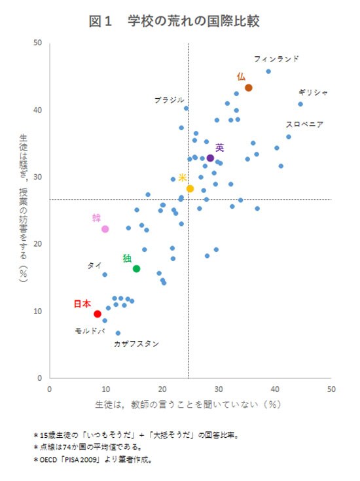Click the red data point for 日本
pos(98,314)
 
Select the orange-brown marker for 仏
pos(249,88)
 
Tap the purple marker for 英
pos(210,158)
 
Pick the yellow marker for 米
pos(190,188)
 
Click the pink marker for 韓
pos(105,229)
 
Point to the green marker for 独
pos(136,269)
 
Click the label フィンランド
pos(276,59)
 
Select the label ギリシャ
pos(313,92)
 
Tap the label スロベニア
pos(304,124)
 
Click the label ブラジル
pos(169,100)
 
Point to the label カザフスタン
pos(136,344)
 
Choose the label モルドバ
pos(90,331)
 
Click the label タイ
pos(94,266)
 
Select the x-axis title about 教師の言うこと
pos(187,404)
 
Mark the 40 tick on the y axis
pos(38,110)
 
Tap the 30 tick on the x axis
pos(219,389)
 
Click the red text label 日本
pos(82,304)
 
